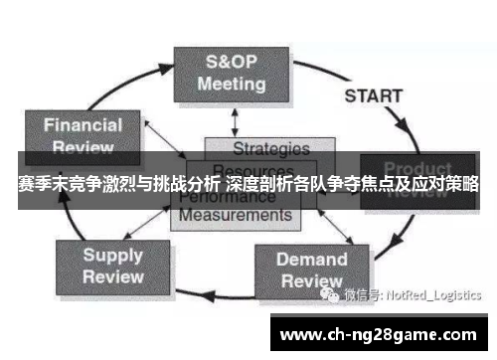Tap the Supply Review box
[112, 266]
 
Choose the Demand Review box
[311, 270]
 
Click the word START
[373, 96]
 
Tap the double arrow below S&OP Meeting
[235, 119]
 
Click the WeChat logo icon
[329, 293]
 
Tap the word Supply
[112, 255]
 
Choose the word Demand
[311, 260]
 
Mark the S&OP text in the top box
[231, 61]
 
